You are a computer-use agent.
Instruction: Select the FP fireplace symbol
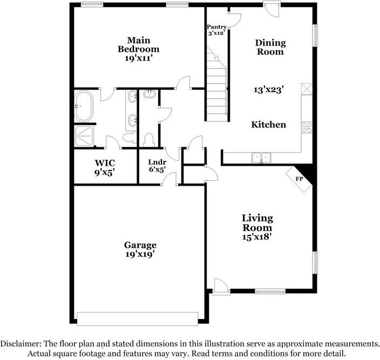300,178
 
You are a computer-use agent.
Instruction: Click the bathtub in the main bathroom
84,105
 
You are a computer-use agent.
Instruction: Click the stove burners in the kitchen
308,127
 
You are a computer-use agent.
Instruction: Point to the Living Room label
257,222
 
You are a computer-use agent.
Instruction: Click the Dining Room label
270,47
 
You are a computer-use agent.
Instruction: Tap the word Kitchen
269,125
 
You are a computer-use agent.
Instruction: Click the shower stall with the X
84,134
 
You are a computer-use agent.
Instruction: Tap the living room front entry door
220,287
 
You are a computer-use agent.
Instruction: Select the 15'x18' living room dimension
257,236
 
